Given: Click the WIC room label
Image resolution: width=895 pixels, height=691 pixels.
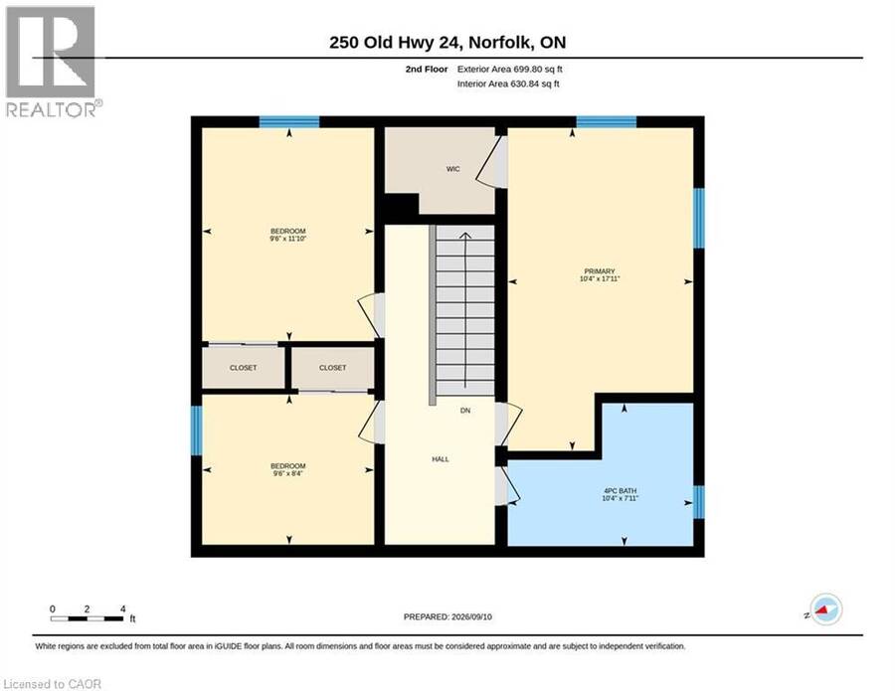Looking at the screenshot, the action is tap(452, 169).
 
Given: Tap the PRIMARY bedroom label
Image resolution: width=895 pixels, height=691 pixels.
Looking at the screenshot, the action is tap(600, 271).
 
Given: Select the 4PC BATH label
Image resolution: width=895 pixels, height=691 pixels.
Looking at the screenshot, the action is tap(620, 491).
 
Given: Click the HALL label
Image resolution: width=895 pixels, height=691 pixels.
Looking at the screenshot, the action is tap(441, 458).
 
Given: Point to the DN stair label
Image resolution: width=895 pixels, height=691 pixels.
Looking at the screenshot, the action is tap(465, 411).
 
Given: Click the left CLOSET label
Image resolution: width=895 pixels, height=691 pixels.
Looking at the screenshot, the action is tap(244, 368).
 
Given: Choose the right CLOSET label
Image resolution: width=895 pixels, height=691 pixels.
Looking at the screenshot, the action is tap(333, 368).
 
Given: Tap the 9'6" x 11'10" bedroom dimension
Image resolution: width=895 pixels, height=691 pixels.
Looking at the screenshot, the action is tap(288, 239).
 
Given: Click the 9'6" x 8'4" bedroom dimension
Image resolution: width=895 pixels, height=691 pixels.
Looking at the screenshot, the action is tap(288, 473).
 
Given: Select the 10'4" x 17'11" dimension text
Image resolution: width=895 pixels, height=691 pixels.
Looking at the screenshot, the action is tap(600, 279).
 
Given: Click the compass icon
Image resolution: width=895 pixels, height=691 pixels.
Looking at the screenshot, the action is tap(825, 609).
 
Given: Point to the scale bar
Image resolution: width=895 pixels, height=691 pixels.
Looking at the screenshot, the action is tap(87, 618).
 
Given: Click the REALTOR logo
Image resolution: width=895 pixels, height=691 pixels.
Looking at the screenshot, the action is tap(52, 62).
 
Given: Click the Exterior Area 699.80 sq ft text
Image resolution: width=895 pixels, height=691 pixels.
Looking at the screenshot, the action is tap(510, 69).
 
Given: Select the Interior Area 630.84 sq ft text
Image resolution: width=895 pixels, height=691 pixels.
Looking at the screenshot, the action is tap(508, 84).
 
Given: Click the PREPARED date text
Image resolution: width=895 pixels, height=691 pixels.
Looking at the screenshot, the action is tap(447, 616).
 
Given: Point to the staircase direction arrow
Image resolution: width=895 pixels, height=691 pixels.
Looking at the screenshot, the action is tap(465, 310).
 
